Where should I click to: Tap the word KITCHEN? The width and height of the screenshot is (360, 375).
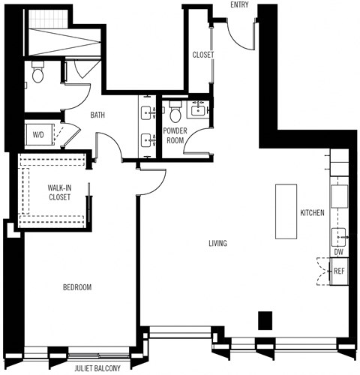pos(312,213)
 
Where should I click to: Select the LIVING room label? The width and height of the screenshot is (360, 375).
pos(217,244)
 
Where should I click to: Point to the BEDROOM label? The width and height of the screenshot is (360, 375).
pos(76,287)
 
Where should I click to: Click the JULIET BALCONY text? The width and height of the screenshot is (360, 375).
pos(98,369)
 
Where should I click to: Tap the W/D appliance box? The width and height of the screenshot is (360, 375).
pos(37,135)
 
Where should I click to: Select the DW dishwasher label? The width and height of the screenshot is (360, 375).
pos(339,252)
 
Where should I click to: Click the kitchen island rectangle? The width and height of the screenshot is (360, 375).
pos(286,211)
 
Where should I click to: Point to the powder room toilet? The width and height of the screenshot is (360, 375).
pos(175,113)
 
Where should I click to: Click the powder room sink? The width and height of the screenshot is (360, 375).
pos(198,108)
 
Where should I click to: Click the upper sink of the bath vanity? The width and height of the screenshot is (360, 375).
pos(146,112)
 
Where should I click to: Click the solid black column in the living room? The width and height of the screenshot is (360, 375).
pos(264,320)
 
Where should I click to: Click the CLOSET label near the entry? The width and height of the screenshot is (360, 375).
pos(203,55)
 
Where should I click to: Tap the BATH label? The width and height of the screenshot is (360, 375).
pos(97,115)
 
